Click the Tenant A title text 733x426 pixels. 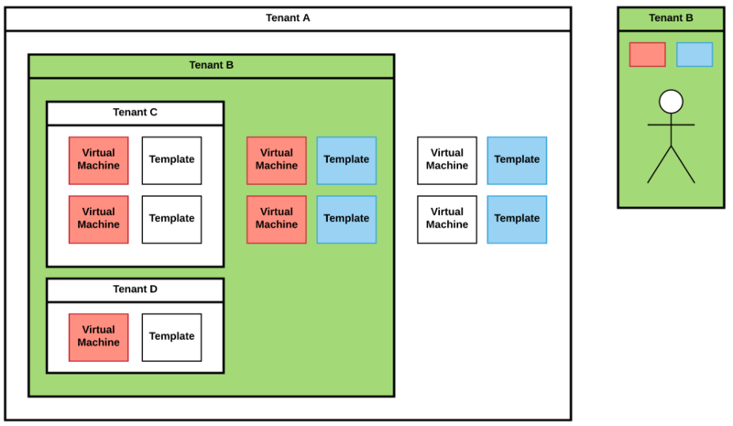coord(288,18)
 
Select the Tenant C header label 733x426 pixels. coord(135,113)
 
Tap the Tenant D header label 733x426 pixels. coord(135,289)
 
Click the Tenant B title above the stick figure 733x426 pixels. coord(671,18)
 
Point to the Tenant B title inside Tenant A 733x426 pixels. coord(211,65)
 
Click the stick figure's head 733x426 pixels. coord(671,101)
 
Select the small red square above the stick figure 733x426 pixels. coord(647,55)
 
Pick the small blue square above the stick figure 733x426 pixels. coord(695,55)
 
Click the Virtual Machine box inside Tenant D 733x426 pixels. coord(98,337)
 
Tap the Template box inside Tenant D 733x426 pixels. coord(171,337)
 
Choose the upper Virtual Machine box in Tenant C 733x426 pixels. coord(98,160)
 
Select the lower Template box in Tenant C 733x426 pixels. coord(171,219)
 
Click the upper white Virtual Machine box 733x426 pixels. coord(447,160)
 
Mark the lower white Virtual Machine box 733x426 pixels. coord(447,219)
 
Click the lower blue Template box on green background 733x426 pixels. coord(346,219)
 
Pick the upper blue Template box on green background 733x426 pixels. coord(346,160)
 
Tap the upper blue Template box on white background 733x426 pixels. coord(517,160)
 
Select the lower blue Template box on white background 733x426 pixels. coord(517,219)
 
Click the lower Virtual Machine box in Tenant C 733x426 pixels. coord(98,219)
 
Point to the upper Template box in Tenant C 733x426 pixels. coord(171,160)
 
